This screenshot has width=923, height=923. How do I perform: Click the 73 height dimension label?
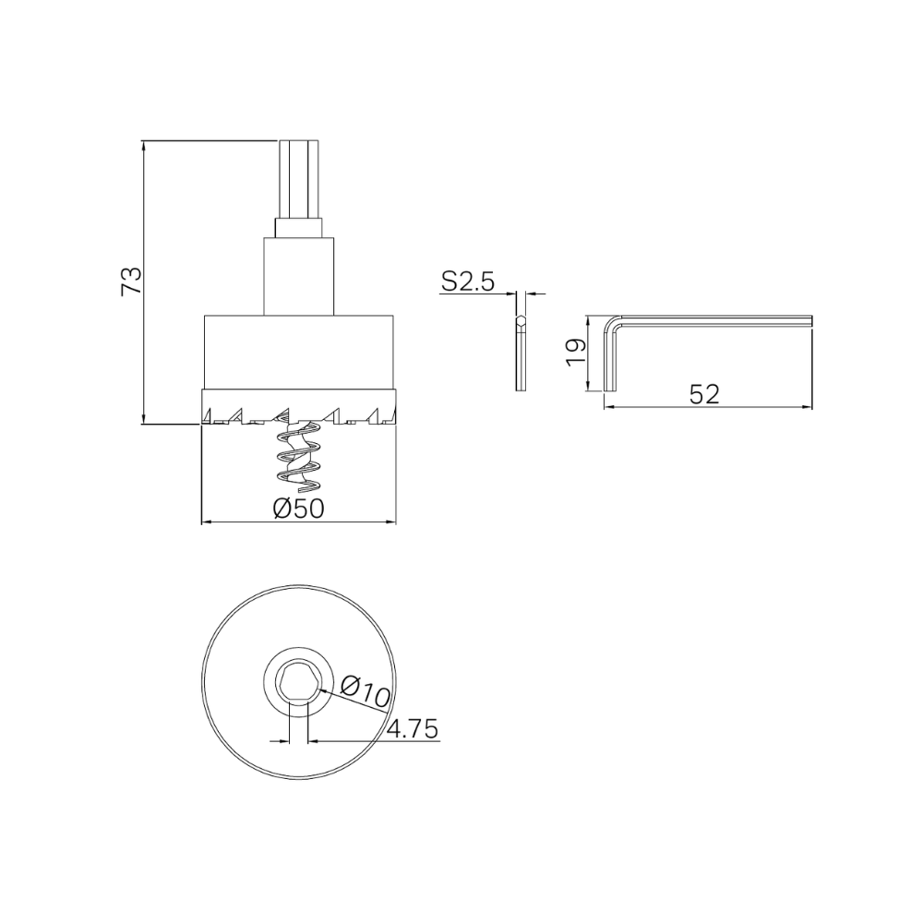pos(132,281)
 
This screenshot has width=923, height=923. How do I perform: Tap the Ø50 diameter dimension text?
pos(299,509)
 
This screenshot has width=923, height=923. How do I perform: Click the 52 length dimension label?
pos(704,393)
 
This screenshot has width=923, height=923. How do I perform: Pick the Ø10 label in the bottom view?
pos(366,691)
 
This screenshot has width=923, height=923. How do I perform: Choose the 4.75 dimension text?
pos(412,729)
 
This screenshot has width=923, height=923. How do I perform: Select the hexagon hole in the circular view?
pos(299,683)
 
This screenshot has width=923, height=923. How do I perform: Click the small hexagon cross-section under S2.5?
pos(521,322)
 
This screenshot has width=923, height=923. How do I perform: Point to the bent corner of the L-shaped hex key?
pos(613,323)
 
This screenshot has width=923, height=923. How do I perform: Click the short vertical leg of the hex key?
pos(609,365)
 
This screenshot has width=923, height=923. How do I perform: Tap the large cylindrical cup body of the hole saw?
pos(299,351)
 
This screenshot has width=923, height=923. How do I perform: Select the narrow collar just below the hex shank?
pos(299,228)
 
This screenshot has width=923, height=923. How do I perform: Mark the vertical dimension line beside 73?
pos(146,351)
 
